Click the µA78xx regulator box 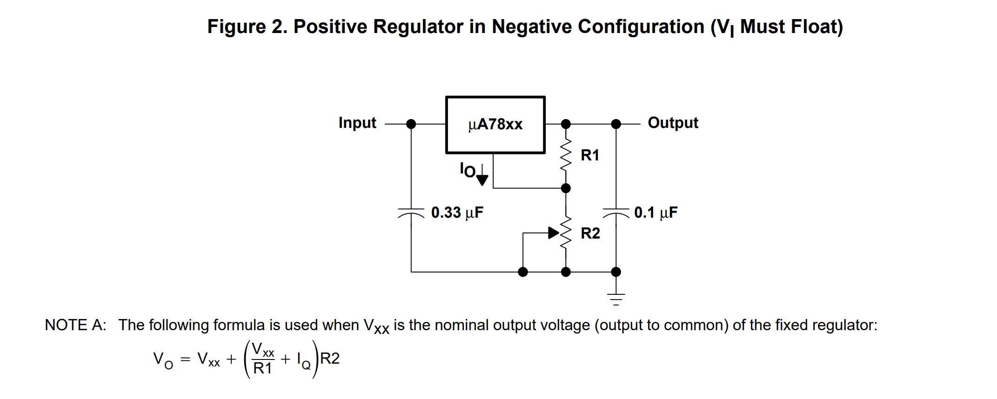(495, 125)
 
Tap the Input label (357, 123)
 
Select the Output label (673, 123)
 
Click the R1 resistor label (590, 155)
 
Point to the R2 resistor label (590, 233)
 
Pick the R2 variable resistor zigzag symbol (566, 233)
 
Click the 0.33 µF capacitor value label (457, 213)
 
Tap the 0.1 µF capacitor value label (656, 213)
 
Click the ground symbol (616, 299)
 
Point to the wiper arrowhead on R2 (553, 233)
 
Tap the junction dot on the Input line (411, 124)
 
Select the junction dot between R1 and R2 (566, 188)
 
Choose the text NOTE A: (75, 325)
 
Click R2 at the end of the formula (330, 359)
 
